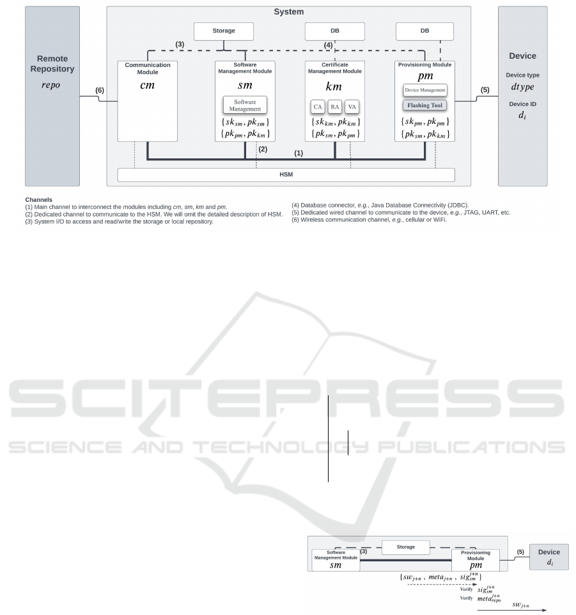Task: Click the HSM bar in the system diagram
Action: click(286, 175)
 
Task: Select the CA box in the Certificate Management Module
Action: click(317, 107)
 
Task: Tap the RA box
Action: click(335, 107)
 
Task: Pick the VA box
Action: click(352, 107)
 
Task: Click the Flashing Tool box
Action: click(424, 105)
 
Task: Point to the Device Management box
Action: click(424, 90)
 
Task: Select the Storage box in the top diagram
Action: click(224, 31)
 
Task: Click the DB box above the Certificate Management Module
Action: click(334, 31)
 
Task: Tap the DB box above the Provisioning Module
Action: click(424, 31)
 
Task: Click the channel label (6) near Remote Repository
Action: click(100, 91)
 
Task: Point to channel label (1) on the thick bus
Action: click(299, 153)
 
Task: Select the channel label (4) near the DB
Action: click(328, 45)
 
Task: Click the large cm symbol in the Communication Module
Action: click(147, 85)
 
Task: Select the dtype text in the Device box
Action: click(522, 87)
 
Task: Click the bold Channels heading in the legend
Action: click(39, 199)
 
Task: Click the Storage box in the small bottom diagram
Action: click(405, 547)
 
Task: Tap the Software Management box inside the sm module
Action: click(245, 105)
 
